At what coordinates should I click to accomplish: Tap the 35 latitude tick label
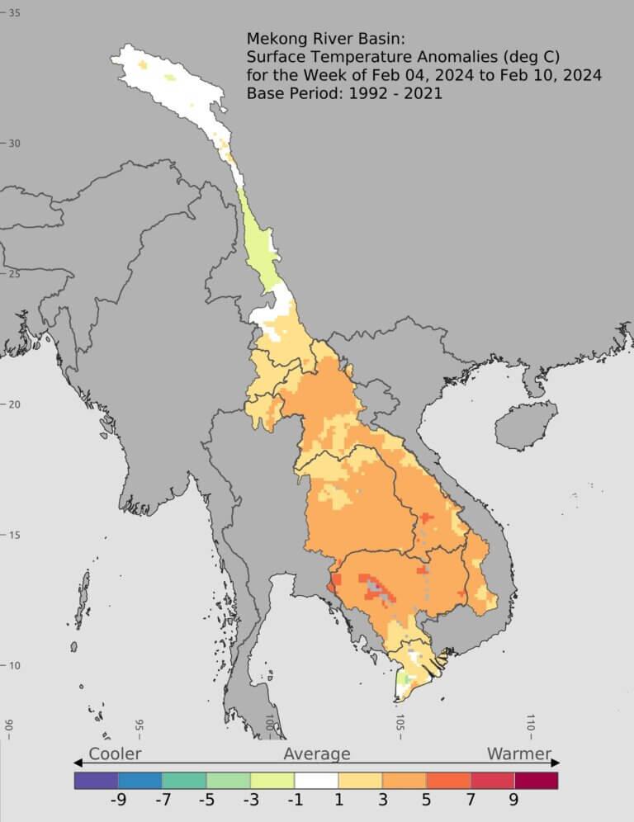click(14, 13)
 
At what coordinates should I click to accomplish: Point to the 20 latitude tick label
click(14, 404)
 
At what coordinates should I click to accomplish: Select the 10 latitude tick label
click(14, 666)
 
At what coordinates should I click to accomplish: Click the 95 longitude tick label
click(140, 726)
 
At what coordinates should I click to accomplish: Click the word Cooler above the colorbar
click(115, 753)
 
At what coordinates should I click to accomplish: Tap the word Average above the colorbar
click(317, 753)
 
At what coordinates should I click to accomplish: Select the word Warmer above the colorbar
click(518, 753)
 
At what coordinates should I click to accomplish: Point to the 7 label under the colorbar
click(470, 799)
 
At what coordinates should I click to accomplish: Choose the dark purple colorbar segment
click(96, 780)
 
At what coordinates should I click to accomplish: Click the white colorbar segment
click(316, 780)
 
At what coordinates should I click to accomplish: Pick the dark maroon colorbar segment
click(536, 780)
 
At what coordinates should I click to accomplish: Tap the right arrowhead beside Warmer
click(556, 762)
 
